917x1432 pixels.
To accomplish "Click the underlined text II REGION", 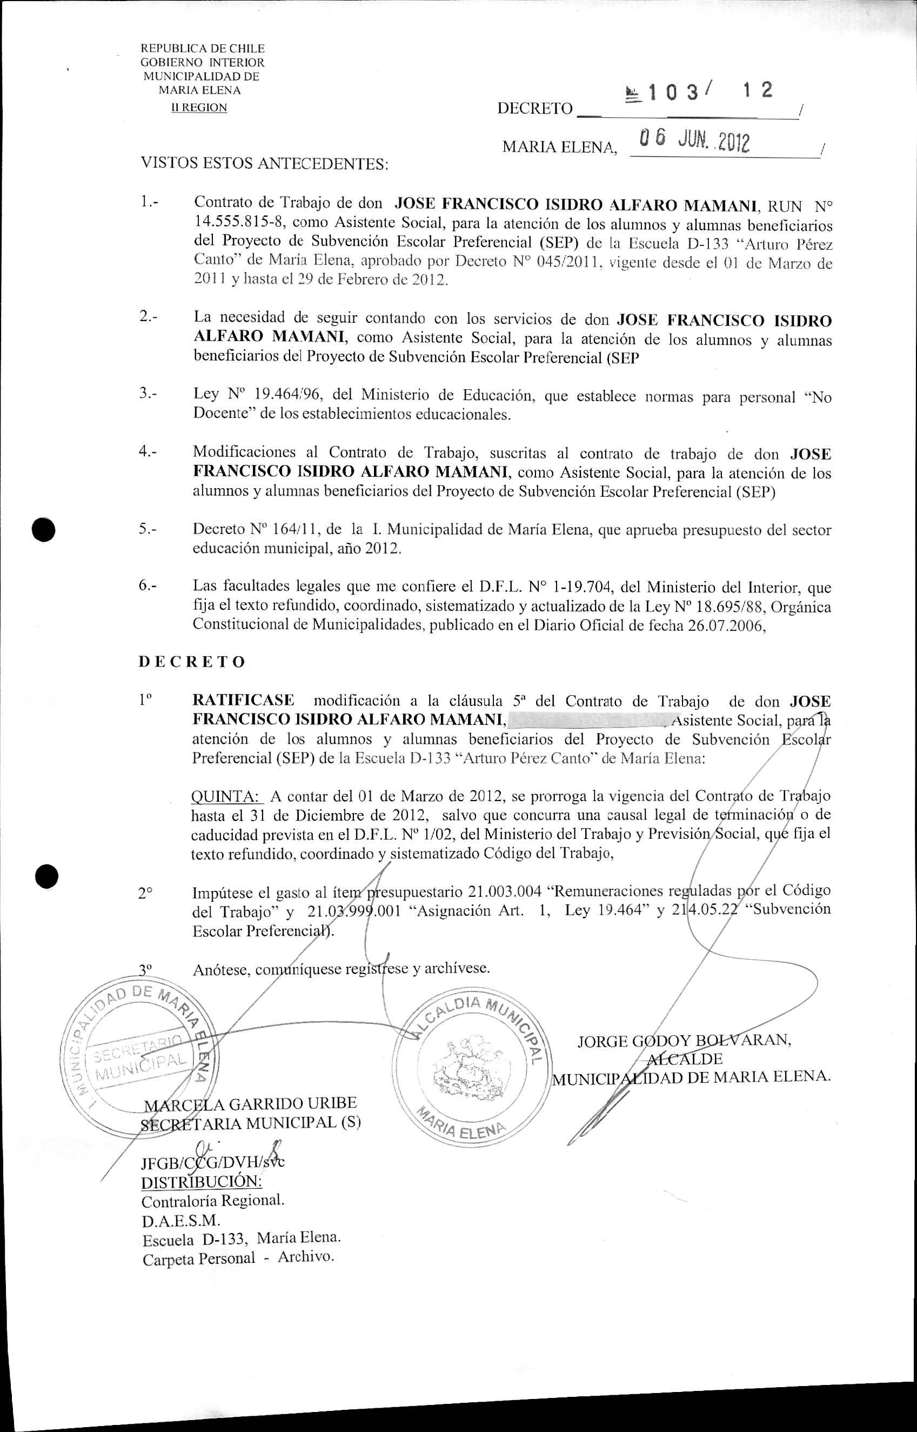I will (199, 108).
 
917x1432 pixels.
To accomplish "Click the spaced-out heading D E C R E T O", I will (192, 662).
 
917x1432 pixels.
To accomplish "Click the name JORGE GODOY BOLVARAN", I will (684, 1041).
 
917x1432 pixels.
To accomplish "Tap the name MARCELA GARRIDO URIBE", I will (250, 1103).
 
